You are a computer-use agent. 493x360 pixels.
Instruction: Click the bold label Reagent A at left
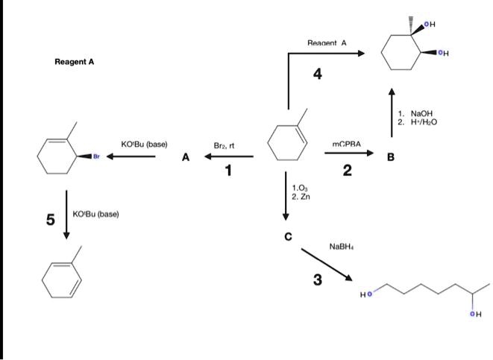pyautogui.click(x=75, y=63)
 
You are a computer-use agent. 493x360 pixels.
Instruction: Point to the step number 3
pyautogui.click(x=318, y=280)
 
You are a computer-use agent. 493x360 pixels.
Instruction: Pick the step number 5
pyautogui.click(x=50, y=219)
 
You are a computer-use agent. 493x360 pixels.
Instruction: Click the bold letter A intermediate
pyautogui.click(x=186, y=158)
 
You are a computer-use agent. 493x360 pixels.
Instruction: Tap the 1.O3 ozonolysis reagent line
pyautogui.click(x=300, y=187)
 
